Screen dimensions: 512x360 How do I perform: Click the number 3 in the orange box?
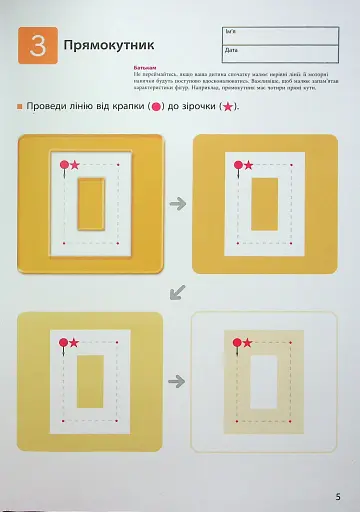point(37,45)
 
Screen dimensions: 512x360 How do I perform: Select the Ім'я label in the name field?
point(231,32)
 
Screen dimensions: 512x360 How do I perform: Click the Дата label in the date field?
point(231,49)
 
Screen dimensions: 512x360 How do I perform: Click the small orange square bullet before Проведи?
point(19,107)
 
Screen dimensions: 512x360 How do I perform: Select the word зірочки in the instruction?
point(200,107)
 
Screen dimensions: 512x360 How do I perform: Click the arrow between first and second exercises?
point(178,204)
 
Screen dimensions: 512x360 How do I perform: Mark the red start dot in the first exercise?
point(64,164)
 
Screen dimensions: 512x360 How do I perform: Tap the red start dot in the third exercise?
point(63,343)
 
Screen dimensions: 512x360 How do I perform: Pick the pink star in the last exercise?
point(246,343)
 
